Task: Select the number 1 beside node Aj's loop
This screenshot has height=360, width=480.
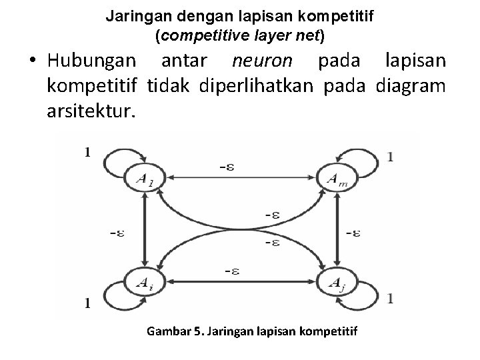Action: tap(391, 297)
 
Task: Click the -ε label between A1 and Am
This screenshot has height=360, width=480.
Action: tap(227, 168)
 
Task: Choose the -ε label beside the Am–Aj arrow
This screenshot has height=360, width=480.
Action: tap(355, 233)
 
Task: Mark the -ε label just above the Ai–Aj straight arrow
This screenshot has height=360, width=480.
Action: tap(232, 271)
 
